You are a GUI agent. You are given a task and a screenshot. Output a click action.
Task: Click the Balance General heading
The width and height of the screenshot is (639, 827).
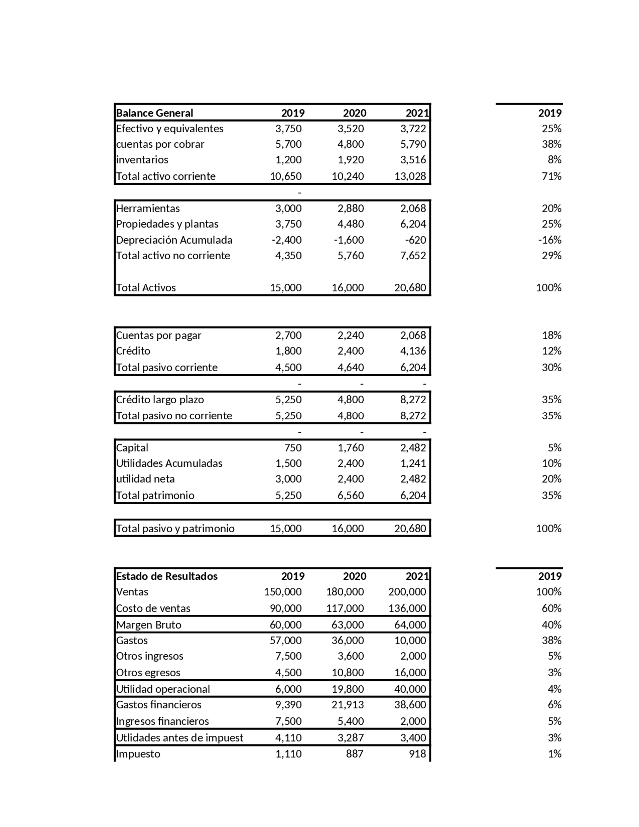tap(154, 113)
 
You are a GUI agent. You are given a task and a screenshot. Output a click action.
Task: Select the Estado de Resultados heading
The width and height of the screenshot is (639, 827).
tap(167, 576)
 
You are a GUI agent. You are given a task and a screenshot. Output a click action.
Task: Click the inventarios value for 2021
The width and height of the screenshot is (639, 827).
tap(413, 160)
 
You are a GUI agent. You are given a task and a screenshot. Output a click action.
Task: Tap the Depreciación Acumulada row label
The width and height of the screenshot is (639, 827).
tap(174, 240)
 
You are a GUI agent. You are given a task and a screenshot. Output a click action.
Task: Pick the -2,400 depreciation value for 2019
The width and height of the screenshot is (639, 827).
tap(287, 240)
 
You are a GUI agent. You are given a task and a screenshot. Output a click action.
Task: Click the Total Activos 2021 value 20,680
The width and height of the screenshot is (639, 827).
tap(410, 287)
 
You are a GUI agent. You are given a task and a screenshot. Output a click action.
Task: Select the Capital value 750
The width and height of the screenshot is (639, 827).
tap(293, 447)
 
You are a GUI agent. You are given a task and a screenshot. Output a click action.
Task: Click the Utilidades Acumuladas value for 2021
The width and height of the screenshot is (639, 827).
tap(413, 463)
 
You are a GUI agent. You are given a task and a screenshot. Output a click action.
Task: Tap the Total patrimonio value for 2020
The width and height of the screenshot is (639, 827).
tap(351, 495)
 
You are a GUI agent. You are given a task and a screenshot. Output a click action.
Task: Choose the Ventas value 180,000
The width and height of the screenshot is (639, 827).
tap(345, 591)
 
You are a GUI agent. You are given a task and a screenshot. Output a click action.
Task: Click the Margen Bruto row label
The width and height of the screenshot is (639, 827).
tap(149, 625)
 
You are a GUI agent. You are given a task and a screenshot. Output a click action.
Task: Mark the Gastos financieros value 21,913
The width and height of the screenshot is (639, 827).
tap(348, 704)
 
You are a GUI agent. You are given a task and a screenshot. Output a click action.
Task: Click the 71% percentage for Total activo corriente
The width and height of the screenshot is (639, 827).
tap(552, 176)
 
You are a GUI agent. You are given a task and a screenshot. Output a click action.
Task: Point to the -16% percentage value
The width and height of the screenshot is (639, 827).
tap(550, 240)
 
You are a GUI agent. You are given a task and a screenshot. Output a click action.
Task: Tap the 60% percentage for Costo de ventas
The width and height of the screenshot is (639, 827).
tap(552, 608)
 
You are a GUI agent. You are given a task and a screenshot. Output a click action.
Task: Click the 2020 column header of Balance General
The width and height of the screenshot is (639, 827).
tap(355, 113)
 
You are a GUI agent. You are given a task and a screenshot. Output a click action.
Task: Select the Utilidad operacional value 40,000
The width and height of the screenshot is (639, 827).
tap(410, 689)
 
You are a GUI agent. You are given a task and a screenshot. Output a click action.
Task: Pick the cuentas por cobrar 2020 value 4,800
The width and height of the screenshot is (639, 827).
tap(351, 144)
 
